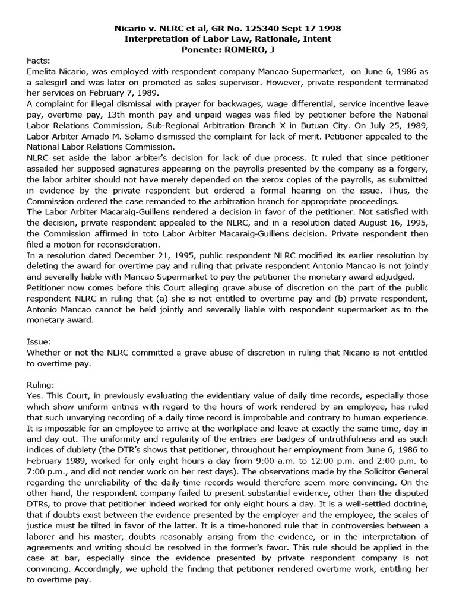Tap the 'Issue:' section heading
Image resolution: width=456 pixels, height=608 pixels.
(39, 341)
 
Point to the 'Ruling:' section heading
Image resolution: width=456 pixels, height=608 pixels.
(41, 384)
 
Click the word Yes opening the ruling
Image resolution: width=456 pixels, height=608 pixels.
(35, 395)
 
